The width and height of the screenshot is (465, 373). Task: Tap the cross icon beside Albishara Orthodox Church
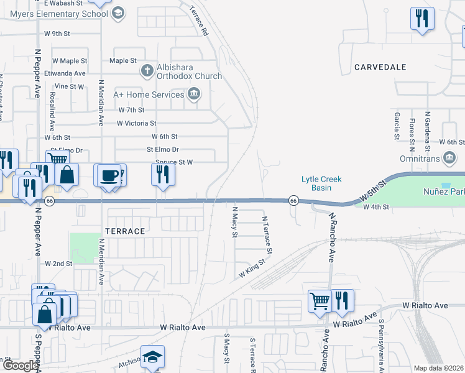click(x=147, y=70)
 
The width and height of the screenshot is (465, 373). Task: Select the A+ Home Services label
click(x=149, y=94)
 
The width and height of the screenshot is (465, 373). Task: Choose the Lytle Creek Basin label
click(x=321, y=183)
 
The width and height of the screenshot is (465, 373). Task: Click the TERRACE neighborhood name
click(x=125, y=231)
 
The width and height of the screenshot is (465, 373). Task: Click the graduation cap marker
click(x=152, y=357)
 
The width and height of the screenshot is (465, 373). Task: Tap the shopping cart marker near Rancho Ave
click(x=320, y=301)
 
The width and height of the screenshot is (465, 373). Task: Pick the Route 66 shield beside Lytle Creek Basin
click(x=293, y=200)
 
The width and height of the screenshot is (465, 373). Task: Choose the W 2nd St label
click(x=58, y=264)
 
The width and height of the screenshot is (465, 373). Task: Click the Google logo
click(x=20, y=366)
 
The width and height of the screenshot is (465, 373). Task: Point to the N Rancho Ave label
click(x=332, y=238)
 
